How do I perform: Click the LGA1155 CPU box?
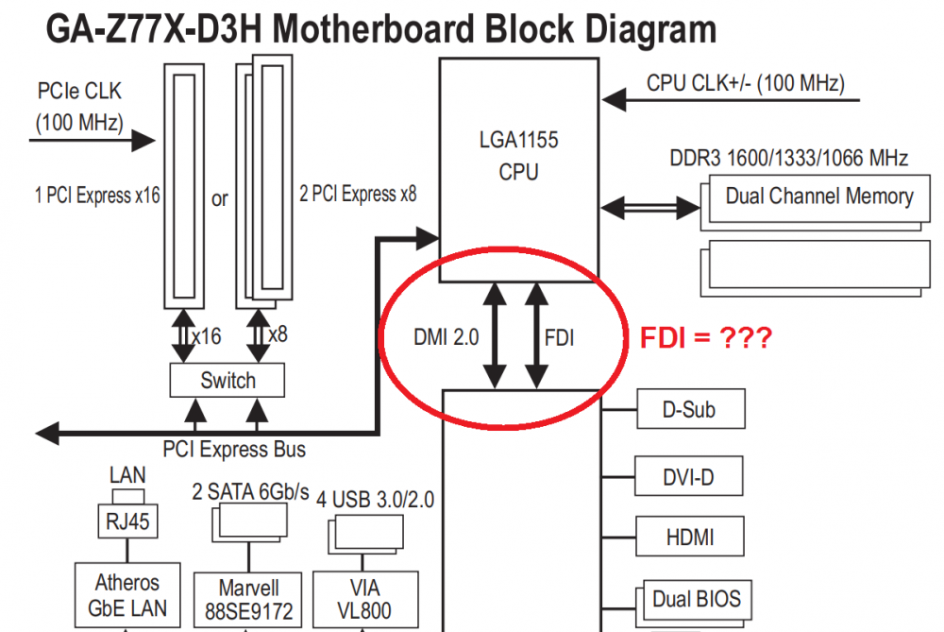518,157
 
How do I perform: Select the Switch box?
228,381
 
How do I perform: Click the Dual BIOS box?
697,599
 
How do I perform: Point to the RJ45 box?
127,521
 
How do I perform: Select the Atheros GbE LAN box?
127,596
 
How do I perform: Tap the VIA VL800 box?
362,599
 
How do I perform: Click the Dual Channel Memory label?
818,196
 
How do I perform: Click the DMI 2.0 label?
447,337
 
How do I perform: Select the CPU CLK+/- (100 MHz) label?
745,83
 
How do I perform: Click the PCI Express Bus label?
234,448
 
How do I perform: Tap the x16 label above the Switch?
206,335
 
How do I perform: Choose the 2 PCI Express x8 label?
358,196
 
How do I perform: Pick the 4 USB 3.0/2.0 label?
375,500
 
